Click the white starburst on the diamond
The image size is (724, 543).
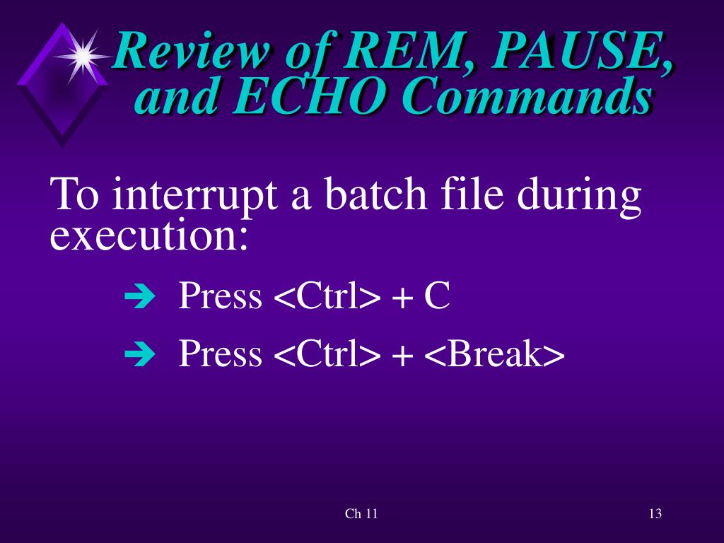pyautogui.click(x=82, y=56)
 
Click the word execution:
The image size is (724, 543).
pyautogui.click(x=149, y=236)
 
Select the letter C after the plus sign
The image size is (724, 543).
pyautogui.click(x=436, y=296)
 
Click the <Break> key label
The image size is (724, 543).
pyautogui.click(x=494, y=354)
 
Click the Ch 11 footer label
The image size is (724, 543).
pyautogui.click(x=361, y=514)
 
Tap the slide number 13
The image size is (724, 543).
pyautogui.click(x=655, y=514)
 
